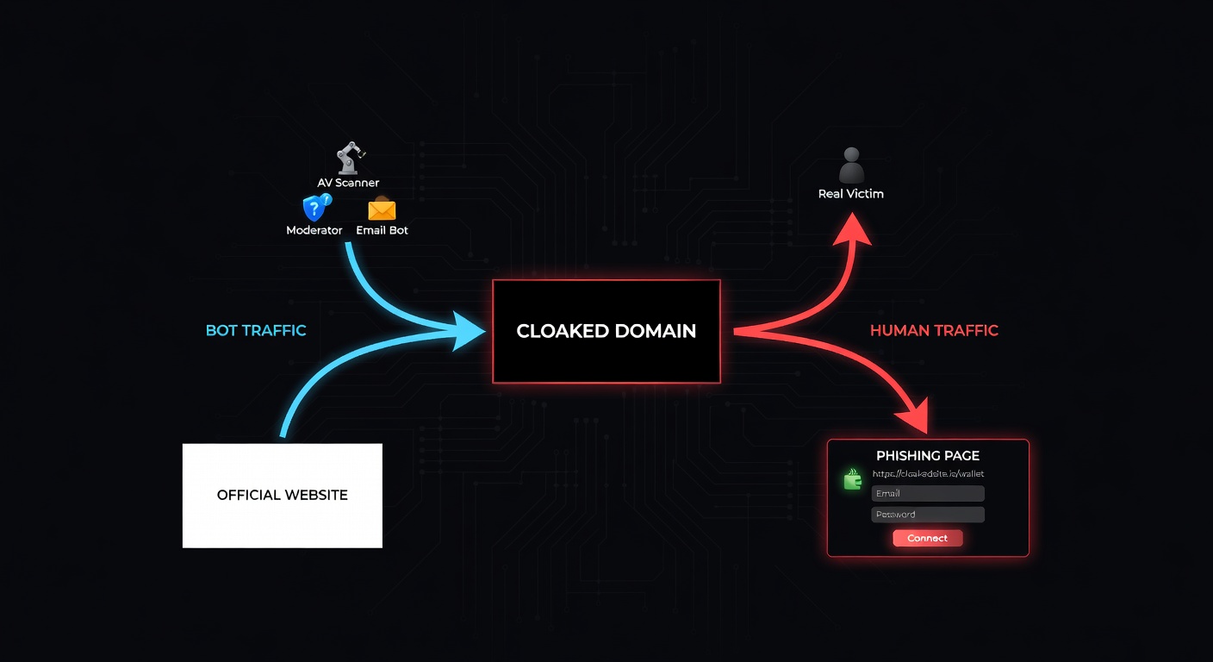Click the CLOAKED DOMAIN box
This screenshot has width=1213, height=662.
click(606, 331)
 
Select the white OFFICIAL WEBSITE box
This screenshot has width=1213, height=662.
click(282, 496)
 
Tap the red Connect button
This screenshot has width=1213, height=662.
click(927, 538)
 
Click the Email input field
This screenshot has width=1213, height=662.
click(928, 493)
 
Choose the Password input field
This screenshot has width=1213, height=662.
click(928, 515)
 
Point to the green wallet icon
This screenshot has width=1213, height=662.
click(853, 479)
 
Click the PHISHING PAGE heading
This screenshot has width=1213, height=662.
click(927, 456)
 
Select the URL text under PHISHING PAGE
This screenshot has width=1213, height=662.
click(928, 474)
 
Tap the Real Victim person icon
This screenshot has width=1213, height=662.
click(850, 165)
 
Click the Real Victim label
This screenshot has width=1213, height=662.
click(850, 194)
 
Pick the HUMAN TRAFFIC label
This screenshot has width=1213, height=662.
click(934, 330)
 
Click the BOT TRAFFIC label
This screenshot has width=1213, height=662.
click(256, 330)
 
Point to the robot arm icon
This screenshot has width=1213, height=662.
click(348, 159)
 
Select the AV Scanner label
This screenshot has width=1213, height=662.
click(348, 183)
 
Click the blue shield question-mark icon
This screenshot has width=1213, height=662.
click(315, 208)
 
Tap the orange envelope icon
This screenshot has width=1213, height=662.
click(382, 209)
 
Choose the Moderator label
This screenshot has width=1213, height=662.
click(314, 230)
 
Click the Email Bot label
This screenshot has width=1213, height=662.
click(382, 230)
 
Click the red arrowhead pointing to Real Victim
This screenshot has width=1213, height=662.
click(852, 231)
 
